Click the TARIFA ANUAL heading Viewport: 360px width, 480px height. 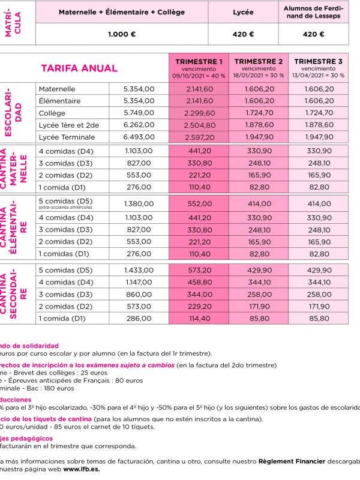pyautogui.click(x=79, y=68)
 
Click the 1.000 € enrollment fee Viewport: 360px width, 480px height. pyautogui.click(x=122, y=34)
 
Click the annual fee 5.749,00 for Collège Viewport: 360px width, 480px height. pyautogui.click(x=139, y=113)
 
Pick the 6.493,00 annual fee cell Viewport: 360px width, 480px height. pyautogui.click(x=139, y=137)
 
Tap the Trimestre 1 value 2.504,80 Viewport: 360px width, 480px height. pyautogui.click(x=200, y=125)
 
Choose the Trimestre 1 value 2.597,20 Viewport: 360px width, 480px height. pyautogui.click(x=200, y=137)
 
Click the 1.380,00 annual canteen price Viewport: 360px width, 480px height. pyautogui.click(x=139, y=204)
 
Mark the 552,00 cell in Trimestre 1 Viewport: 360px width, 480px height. pyautogui.click(x=200, y=204)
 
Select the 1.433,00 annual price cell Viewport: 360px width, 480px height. pyautogui.click(x=139, y=270)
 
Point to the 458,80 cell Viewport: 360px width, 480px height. pyautogui.click(x=200, y=282)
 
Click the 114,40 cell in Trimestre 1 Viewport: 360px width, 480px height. pyautogui.click(x=200, y=319)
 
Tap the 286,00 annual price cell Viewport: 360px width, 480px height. pyautogui.click(x=139, y=319)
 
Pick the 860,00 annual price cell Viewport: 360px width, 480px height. pyautogui.click(x=139, y=295)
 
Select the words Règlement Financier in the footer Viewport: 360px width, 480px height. pyautogui.click(x=290, y=461)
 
